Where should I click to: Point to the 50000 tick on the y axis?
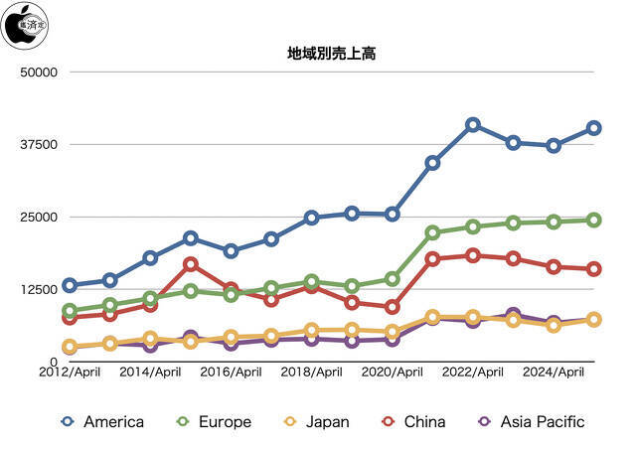click(x=39, y=73)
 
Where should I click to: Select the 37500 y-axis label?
click(x=39, y=145)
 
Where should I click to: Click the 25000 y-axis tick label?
click(x=39, y=218)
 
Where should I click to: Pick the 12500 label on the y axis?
click(x=39, y=290)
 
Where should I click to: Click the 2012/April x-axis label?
click(x=69, y=374)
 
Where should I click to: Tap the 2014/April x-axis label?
click(x=150, y=374)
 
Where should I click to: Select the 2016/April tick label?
click(x=231, y=374)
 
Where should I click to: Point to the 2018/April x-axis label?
click(x=312, y=374)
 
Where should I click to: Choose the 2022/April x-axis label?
click(x=474, y=374)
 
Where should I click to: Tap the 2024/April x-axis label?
click(x=555, y=374)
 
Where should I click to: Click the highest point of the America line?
click(x=473, y=125)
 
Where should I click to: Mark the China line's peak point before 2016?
click(x=190, y=264)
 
